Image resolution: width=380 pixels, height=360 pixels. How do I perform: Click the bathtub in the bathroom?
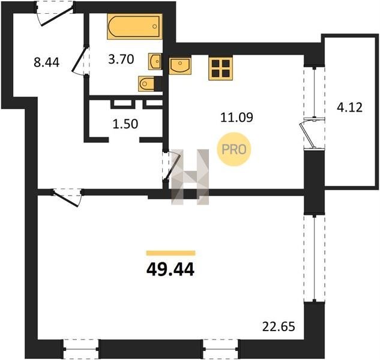click(x=134, y=26)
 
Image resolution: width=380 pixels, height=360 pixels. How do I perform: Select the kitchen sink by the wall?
click(x=180, y=65)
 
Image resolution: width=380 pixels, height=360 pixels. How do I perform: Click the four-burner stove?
click(x=220, y=68)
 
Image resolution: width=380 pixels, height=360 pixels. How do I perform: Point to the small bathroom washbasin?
click(x=155, y=61)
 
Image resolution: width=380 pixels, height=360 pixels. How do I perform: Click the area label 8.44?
click(x=47, y=62)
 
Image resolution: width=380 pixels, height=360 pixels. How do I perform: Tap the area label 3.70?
click(x=121, y=59)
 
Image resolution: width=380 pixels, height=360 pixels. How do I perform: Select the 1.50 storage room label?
click(x=125, y=124)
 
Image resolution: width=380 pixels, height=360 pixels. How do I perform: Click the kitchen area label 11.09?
click(x=237, y=117)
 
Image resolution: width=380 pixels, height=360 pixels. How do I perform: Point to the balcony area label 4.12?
click(x=349, y=107)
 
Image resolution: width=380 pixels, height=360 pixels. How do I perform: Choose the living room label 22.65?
click(x=279, y=326)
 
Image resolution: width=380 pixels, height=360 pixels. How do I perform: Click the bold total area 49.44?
click(x=170, y=269)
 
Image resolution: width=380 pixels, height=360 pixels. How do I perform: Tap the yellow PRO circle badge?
click(x=234, y=149)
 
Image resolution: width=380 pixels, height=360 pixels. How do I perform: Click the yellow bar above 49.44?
click(x=171, y=253)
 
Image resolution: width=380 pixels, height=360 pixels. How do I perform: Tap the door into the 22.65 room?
click(x=67, y=197)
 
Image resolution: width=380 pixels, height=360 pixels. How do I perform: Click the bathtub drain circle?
click(x=155, y=26)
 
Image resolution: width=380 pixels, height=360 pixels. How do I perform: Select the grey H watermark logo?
click(x=190, y=177)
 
